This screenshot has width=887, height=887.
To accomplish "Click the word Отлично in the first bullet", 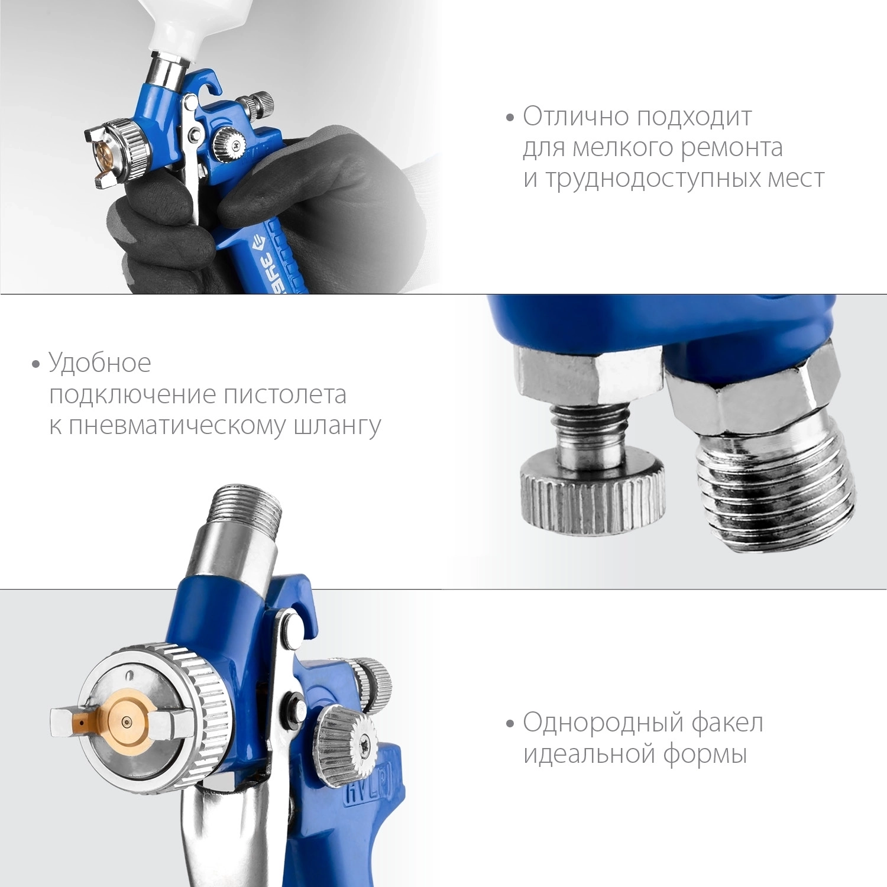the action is point(577,116).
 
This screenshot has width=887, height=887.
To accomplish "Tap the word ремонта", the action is point(731,148).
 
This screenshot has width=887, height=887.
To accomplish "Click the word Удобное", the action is point(100,362).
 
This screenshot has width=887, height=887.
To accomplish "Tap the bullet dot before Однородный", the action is point(510,724).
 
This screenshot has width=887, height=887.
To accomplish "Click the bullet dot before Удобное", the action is point(36,364).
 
